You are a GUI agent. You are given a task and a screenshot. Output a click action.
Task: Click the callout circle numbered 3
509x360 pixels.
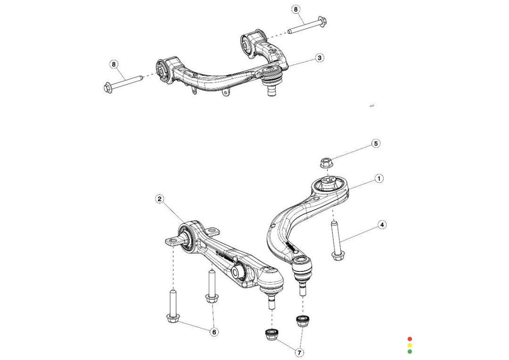[x=320, y=58]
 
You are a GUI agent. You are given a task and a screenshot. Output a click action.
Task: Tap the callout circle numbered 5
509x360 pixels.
[x=376, y=143]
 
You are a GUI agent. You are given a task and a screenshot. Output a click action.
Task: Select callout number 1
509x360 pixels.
[x=379, y=179]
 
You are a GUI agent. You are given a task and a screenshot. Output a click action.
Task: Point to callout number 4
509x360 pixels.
[x=382, y=225]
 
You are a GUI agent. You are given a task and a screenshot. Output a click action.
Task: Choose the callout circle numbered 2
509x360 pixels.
[x=160, y=199]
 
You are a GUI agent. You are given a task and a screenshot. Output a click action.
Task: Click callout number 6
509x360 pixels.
[x=214, y=332]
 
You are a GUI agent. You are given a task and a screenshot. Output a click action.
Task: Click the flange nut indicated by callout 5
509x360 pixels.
[x=326, y=164]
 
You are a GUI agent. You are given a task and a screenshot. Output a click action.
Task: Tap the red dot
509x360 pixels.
[x=410, y=339]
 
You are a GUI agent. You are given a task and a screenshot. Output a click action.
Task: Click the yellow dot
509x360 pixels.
[x=410, y=345]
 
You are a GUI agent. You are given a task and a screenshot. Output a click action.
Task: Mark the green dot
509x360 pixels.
[x=410, y=351]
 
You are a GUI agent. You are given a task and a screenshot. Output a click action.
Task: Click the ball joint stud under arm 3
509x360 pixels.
[x=271, y=89]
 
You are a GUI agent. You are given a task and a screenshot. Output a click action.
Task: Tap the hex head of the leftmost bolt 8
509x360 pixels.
[x=107, y=87]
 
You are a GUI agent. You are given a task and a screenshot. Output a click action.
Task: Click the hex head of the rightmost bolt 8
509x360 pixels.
[x=323, y=21]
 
